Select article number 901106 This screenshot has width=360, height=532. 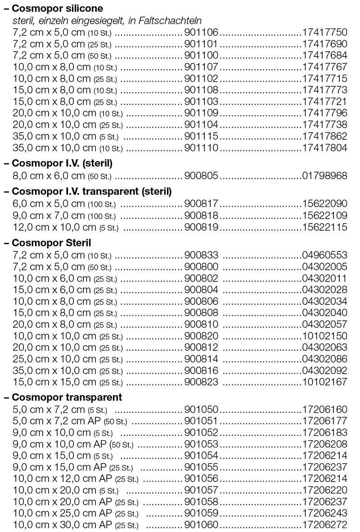point(201,32)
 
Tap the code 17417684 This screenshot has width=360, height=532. point(324,55)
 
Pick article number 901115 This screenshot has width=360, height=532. point(201,136)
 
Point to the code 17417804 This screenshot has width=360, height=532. point(324,148)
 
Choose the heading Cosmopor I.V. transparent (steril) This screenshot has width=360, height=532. point(92,192)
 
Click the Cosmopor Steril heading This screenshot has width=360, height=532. point(51,243)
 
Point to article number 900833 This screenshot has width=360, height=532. point(201,255)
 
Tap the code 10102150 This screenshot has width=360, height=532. point(324,336)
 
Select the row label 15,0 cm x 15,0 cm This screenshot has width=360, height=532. point(54,382)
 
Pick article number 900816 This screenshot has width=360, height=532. point(201,371)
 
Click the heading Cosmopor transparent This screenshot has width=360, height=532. point(67,398)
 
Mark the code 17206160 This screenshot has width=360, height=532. point(324,409)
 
